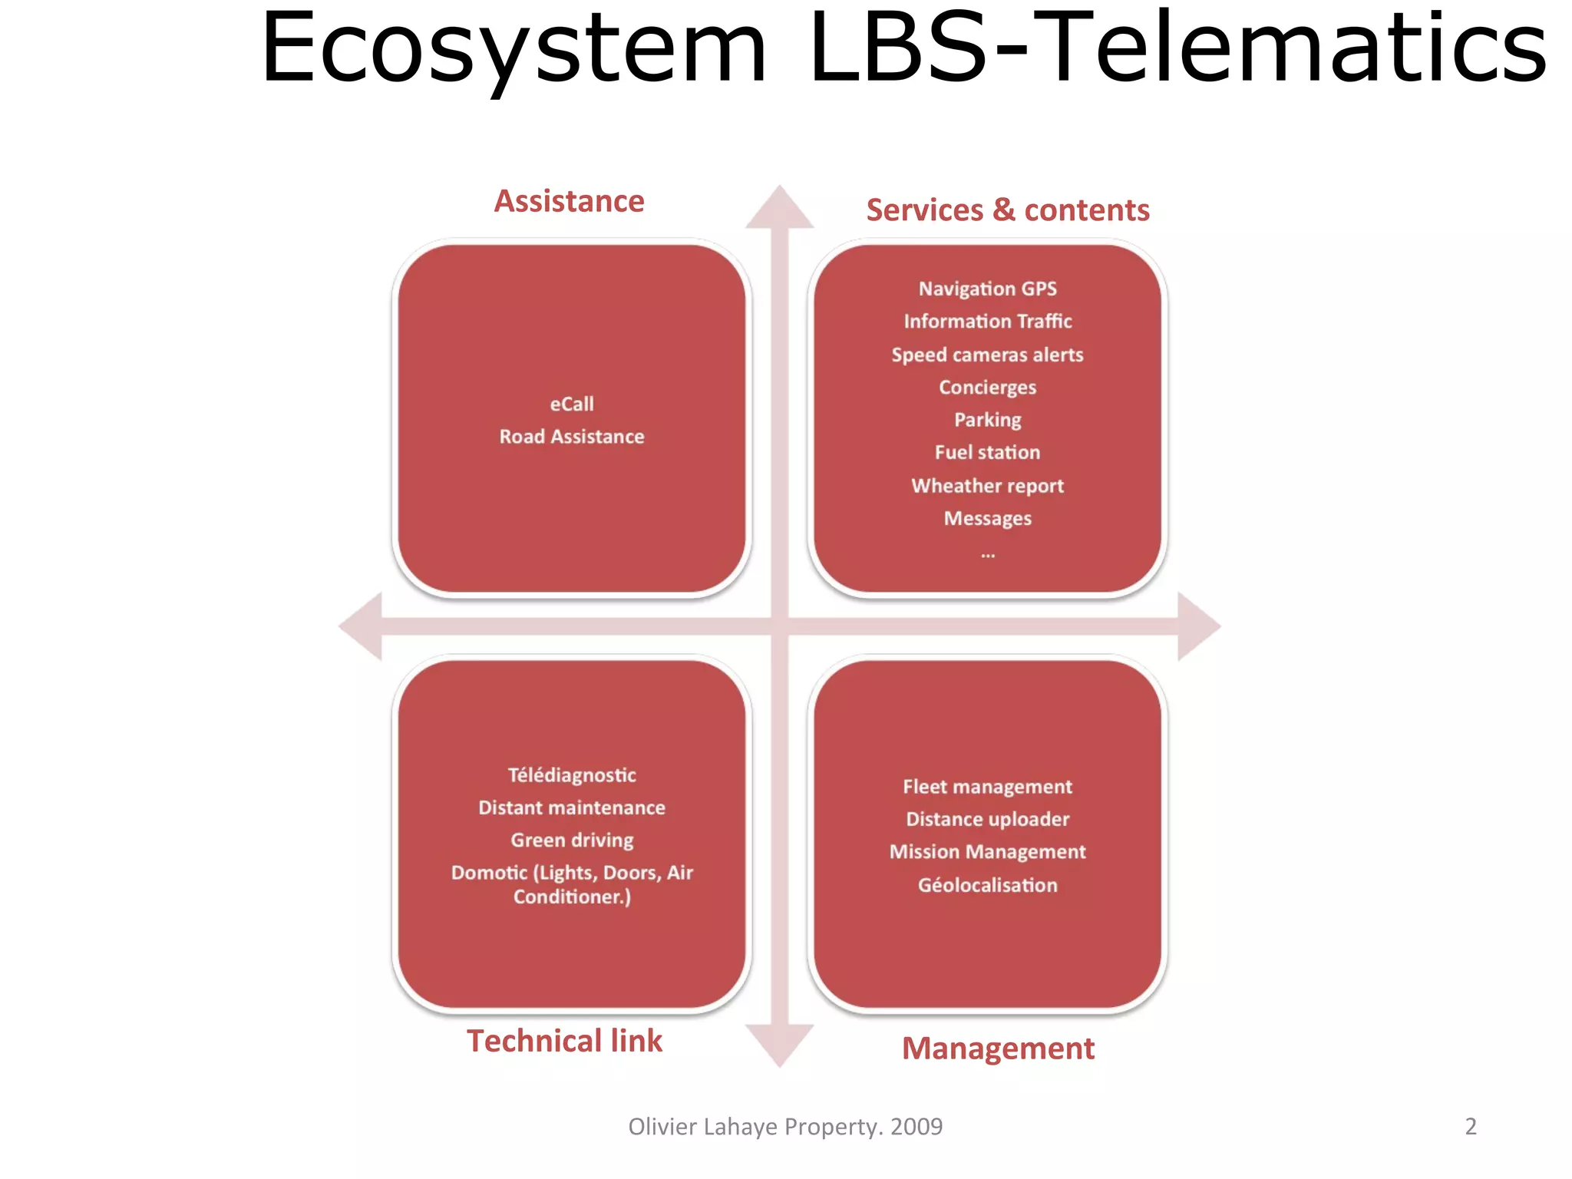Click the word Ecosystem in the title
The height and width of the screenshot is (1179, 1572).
point(513,50)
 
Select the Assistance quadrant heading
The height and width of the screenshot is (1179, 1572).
point(569,201)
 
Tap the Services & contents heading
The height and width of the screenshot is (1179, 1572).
point(1007,210)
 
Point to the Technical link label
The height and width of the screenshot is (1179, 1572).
point(564,1041)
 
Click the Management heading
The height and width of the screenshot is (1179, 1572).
point(998,1049)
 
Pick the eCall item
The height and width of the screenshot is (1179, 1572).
point(572,404)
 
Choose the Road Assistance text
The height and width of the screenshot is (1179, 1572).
point(572,437)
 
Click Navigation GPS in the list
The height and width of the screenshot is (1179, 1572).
point(987,289)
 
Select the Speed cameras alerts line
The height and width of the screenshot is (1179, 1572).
point(987,355)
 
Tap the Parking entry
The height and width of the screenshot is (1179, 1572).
point(987,420)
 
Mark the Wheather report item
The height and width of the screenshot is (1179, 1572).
point(987,486)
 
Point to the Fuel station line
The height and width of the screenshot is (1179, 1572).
point(987,453)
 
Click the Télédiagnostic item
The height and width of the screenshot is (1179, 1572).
point(572,775)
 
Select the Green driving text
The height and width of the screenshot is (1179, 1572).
point(572,840)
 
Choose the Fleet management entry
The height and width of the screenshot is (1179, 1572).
point(987,787)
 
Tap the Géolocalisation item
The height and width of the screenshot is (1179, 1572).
point(987,885)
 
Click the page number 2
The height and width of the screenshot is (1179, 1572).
point(1470,1126)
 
